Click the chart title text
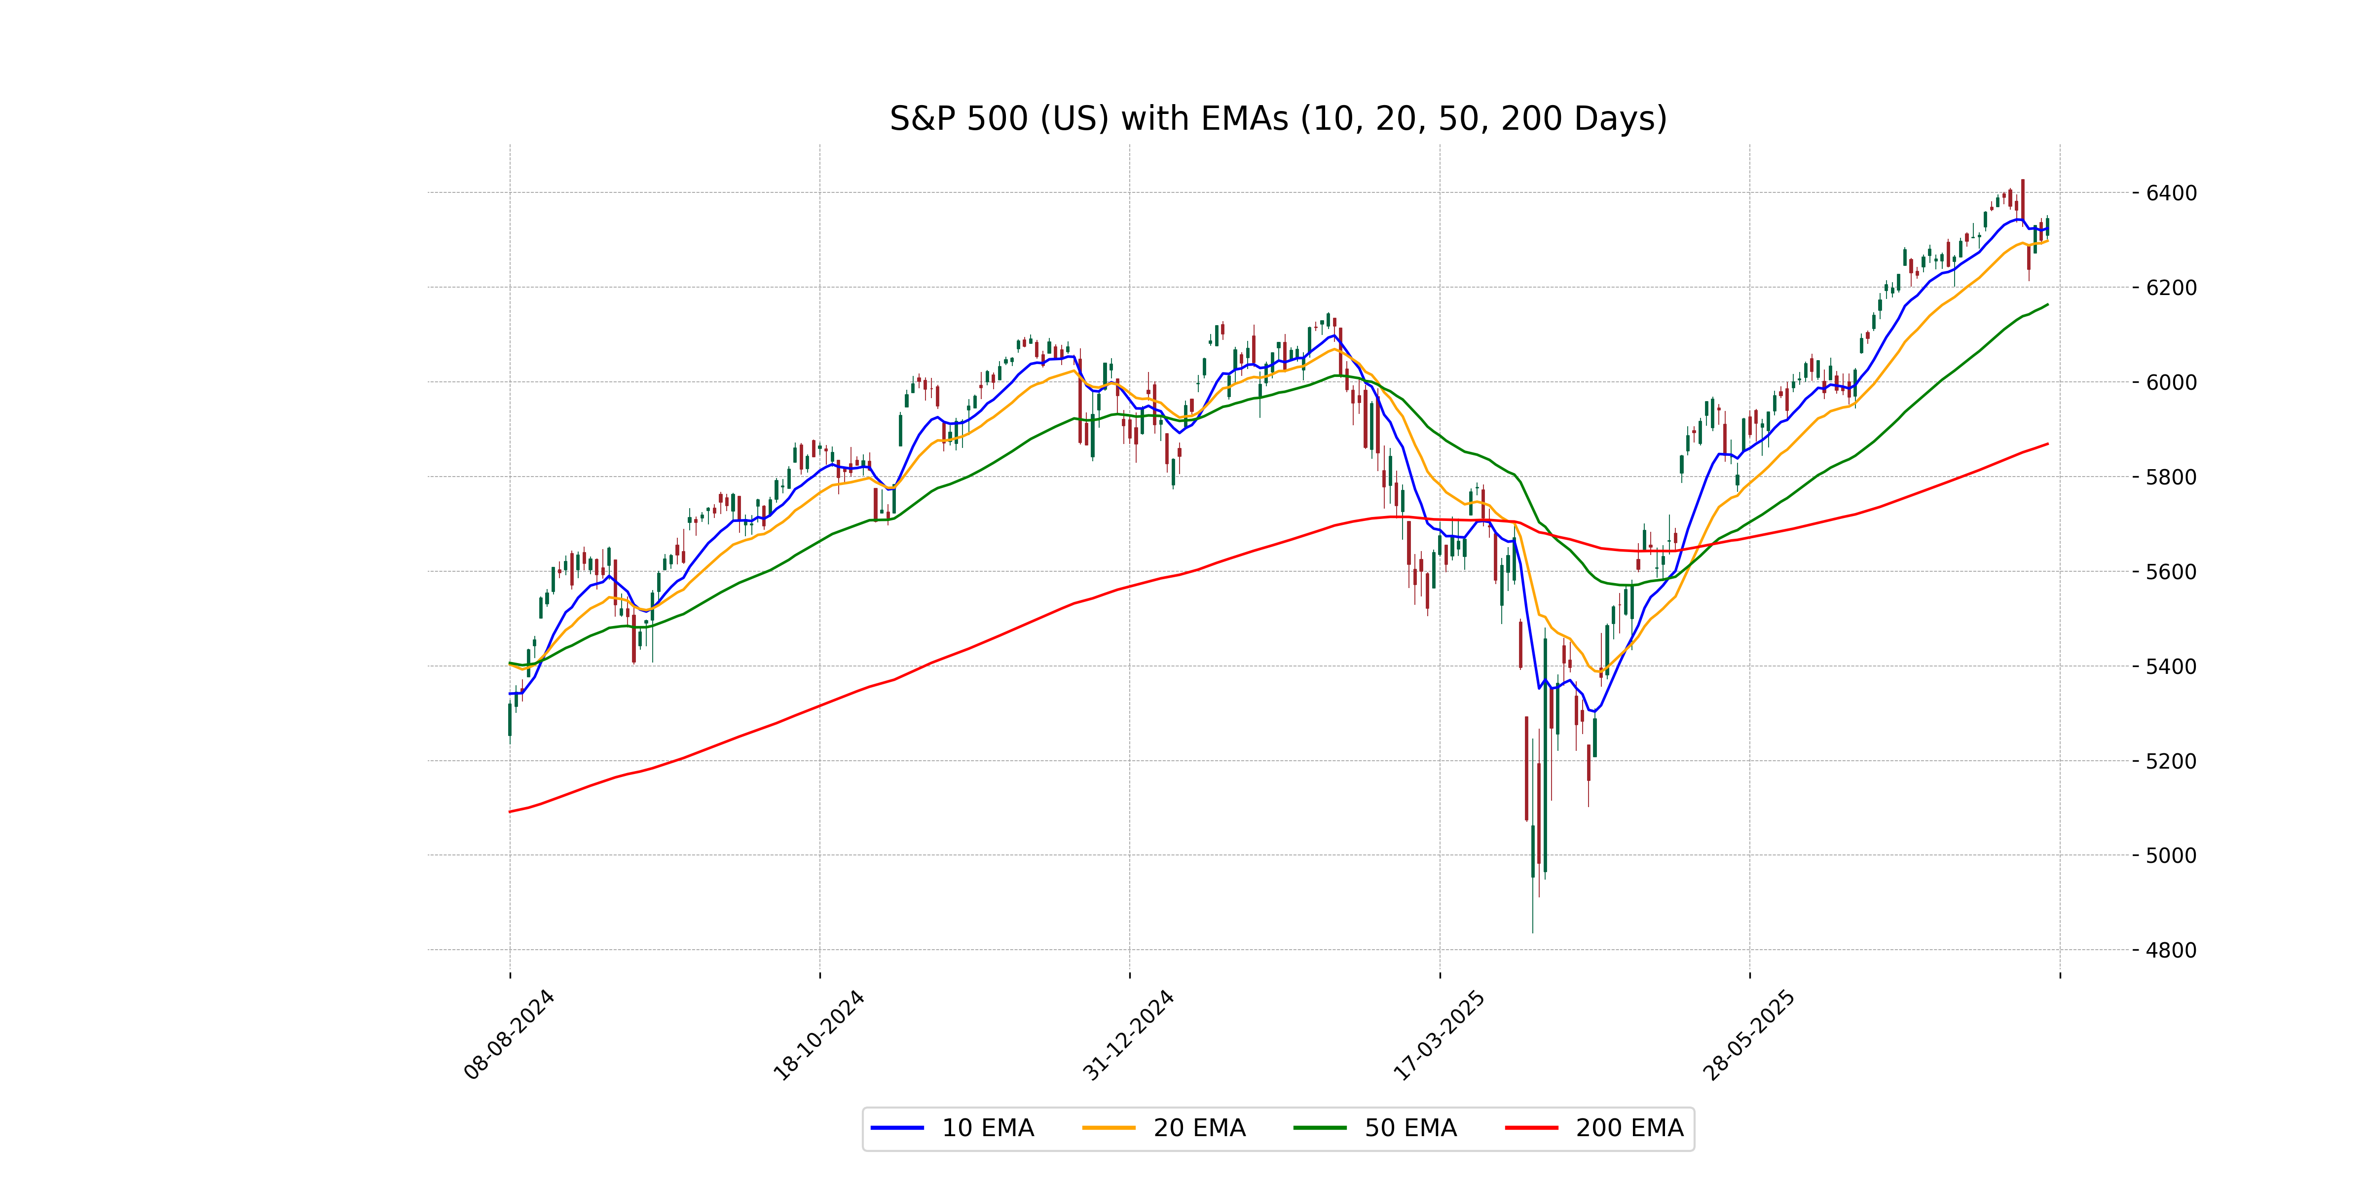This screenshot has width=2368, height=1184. coord(1278,118)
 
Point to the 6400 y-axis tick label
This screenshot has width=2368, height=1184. coord(2171,193)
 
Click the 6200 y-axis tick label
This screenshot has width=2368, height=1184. coord(2171,288)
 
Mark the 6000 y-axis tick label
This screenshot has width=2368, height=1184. coord(2171,382)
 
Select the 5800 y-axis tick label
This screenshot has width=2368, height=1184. coord(2171,477)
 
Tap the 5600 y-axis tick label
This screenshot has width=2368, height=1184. coord(2171,572)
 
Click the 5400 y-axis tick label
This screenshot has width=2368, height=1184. coord(2171,666)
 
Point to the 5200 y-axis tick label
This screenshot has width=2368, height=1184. coord(2171,761)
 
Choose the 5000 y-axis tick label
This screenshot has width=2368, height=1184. coord(2171,856)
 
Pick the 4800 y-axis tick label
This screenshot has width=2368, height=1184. coord(2171,951)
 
